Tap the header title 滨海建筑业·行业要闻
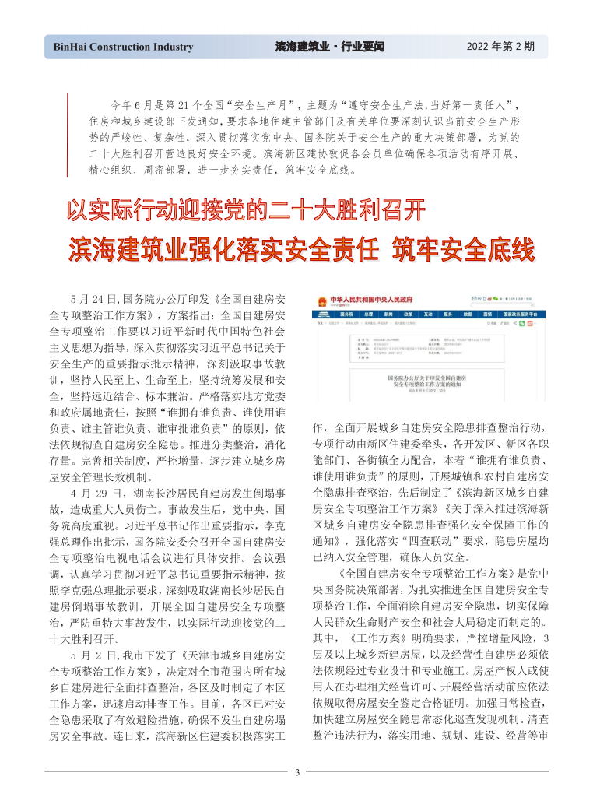[x=330, y=47]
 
